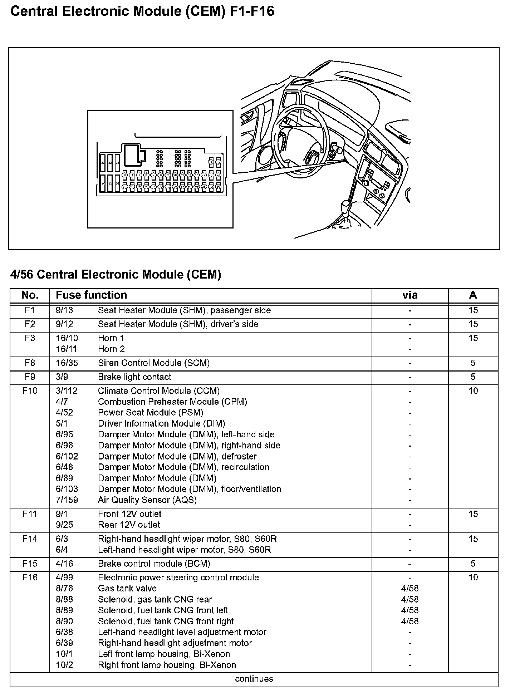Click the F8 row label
(30, 363)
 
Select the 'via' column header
(409, 295)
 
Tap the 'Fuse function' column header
(91, 295)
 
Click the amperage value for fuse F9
(473, 377)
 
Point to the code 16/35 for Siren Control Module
(67, 363)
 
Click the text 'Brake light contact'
(134, 377)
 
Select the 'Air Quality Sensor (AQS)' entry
(147, 500)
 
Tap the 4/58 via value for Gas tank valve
(409, 589)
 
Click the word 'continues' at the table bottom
(254, 679)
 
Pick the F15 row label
(30, 564)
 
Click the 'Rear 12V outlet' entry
(129, 525)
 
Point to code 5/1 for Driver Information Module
(62, 423)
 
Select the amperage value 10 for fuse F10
(473, 391)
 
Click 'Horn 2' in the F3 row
(111, 349)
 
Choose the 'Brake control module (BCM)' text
(154, 564)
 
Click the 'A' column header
(473, 295)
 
